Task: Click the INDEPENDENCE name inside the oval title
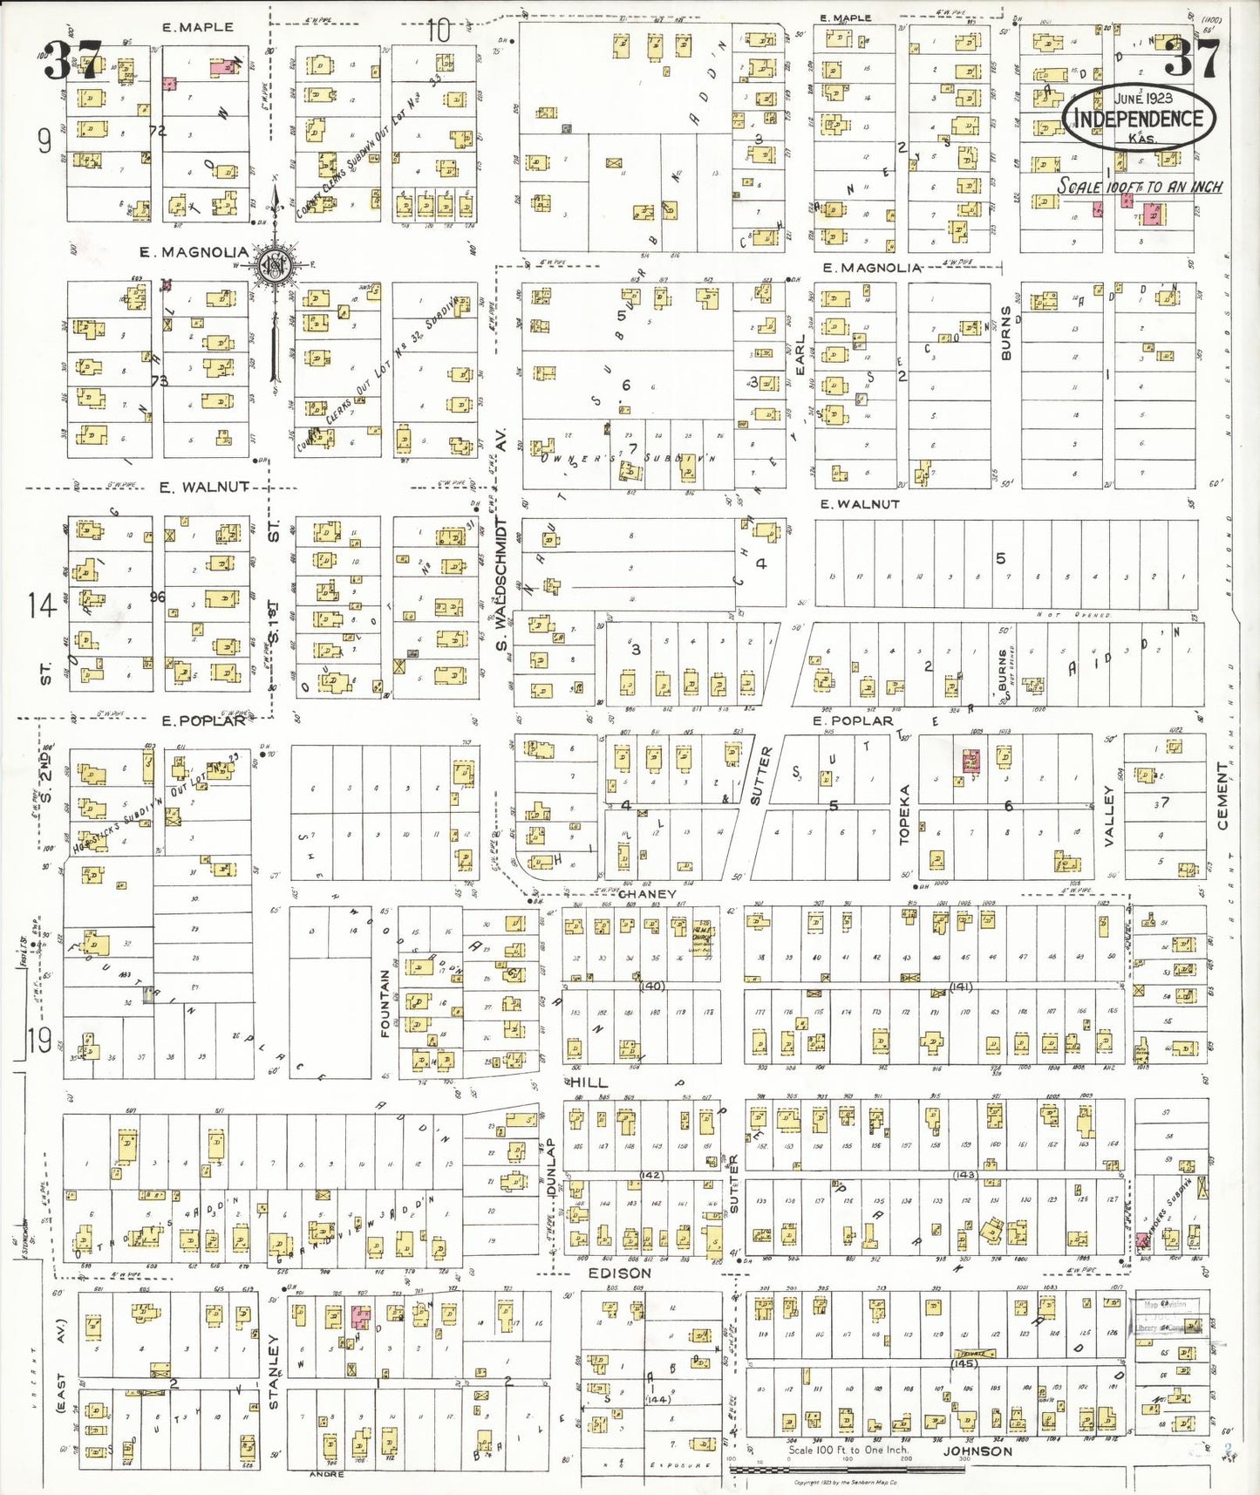pos(1138,119)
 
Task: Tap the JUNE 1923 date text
pos(1142,98)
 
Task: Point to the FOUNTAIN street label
pos(385,1003)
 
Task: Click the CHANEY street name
pos(647,894)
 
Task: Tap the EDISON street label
pos(619,1273)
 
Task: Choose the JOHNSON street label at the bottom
pos(977,1451)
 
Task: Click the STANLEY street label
pos(273,1371)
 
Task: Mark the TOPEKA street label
pos(904,814)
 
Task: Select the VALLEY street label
pos(1109,815)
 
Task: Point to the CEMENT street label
pos(1222,796)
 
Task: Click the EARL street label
pos(800,354)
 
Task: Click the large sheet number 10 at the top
pos(439,31)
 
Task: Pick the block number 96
pos(158,597)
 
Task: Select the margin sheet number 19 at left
pos(38,1041)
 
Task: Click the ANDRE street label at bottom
pos(327,1474)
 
